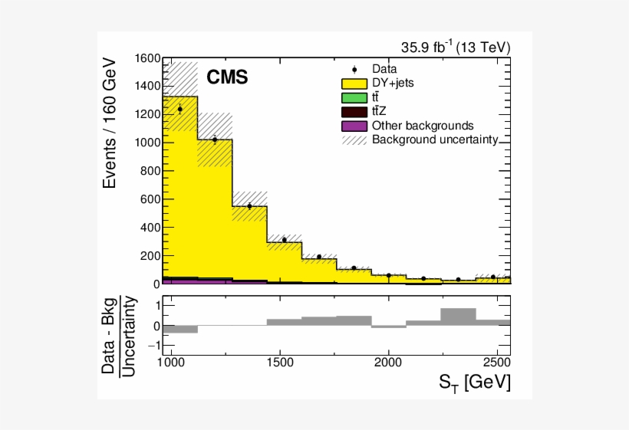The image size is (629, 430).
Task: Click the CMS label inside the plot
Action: (x=227, y=77)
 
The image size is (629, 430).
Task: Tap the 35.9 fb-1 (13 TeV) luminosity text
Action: (x=455, y=48)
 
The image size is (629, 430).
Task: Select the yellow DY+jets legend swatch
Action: (x=354, y=83)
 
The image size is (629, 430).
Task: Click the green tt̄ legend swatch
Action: (x=354, y=97)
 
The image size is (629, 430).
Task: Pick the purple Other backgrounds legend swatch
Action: (x=354, y=125)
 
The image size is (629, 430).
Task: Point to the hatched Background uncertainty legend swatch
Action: (x=354, y=140)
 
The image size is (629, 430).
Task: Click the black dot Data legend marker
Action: (x=354, y=69)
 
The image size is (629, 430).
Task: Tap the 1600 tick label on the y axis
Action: (x=147, y=59)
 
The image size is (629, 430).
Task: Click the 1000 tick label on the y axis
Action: (x=147, y=143)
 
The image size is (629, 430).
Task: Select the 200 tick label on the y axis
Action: (x=150, y=256)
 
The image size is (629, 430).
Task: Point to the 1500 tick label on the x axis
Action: (x=280, y=362)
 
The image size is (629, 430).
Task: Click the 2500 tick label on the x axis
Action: (x=497, y=362)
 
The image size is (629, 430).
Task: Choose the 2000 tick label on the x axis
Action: (x=389, y=362)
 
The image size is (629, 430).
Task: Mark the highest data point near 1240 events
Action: (x=180, y=109)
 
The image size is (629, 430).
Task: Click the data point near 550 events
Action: (x=249, y=206)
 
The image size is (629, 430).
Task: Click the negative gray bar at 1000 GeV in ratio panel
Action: (x=180, y=330)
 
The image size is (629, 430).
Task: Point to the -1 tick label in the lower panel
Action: (x=152, y=346)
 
